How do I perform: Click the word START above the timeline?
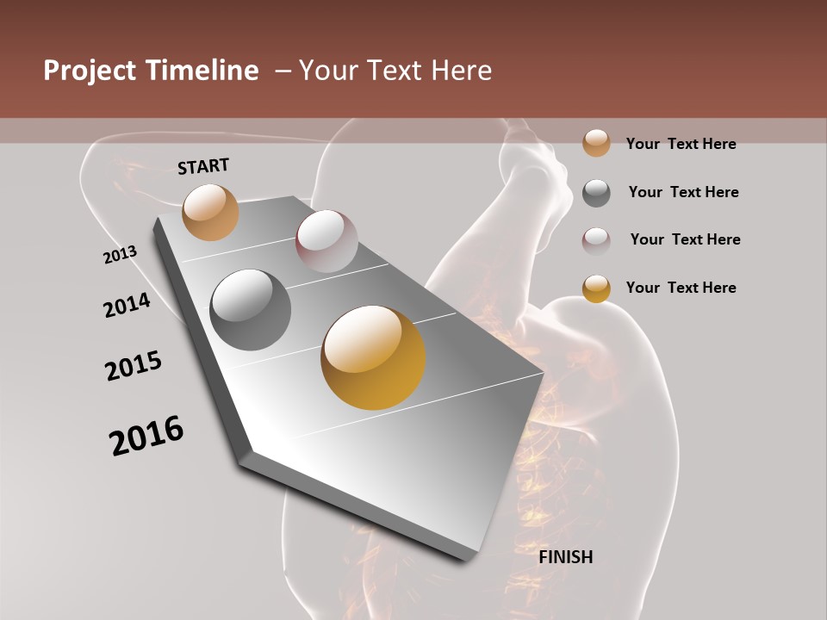tap(203, 166)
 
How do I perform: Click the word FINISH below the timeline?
tap(565, 557)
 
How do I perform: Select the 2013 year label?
tap(120, 255)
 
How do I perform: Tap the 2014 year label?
tap(127, 306)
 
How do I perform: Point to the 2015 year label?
tap(134, 366)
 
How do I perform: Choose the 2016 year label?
tap(146, 436)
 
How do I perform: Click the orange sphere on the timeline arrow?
tap(211, 212)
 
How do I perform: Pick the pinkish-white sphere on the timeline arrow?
tap(326, 241)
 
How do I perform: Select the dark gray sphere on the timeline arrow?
tap(251, 310)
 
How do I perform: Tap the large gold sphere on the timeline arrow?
tap(373, 357)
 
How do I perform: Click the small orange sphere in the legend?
tap(596, 144)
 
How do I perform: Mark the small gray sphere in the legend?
tap(596, 193)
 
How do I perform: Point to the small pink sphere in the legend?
tap(596, 240)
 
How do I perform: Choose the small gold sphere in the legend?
tap(596, 288)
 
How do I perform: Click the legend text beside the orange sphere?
tap(681, 144)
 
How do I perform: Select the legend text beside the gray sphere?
tap(683, 192)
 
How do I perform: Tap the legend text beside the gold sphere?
tap(681, 288)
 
